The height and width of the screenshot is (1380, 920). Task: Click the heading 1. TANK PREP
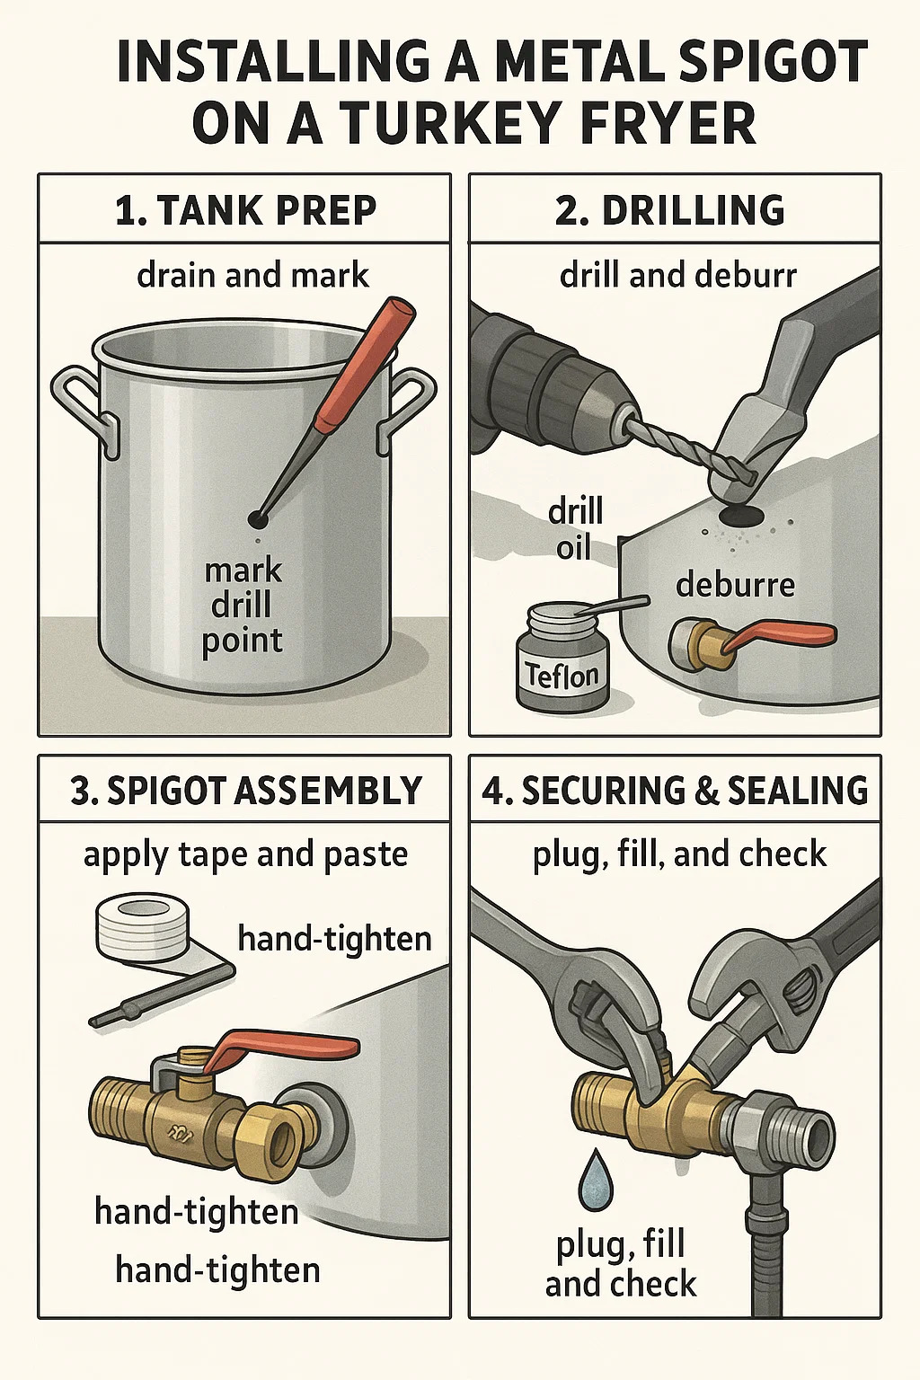point(245,211)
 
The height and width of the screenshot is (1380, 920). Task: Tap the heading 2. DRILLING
point(670,211)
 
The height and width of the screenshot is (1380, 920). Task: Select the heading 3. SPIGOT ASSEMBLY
point(246,791)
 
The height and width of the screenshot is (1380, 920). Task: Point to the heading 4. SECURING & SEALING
point(675,791)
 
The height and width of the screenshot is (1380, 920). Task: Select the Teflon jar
point(562,656)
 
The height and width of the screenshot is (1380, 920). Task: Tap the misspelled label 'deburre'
point(735,585)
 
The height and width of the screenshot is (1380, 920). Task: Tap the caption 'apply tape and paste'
point(245,855)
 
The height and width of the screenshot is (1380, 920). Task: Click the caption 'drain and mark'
point(252,276)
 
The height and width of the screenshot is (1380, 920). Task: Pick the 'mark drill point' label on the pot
point(243,606)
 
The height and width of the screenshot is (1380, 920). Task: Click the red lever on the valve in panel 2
point(779,635)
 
